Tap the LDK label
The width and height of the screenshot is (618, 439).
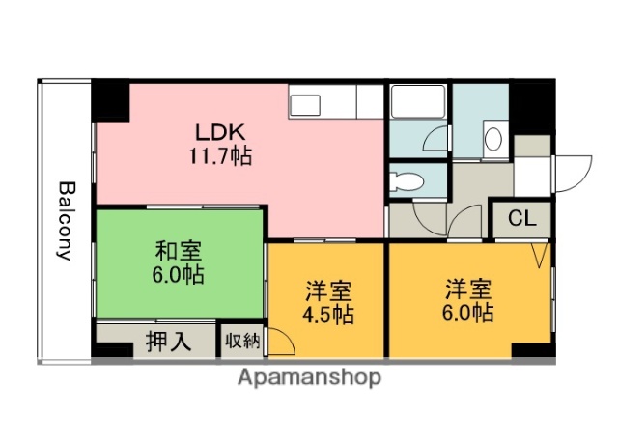click(x=221, y=132)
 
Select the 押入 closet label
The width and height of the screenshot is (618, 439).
click(x=166, y=341)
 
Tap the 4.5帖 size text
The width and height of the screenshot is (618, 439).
click(x=328, y=315)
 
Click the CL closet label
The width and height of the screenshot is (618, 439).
click(x=522, y=218)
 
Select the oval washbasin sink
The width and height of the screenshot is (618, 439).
click(x=492, y=138)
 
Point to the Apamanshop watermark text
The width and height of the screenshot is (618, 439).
click(x=308, y=376)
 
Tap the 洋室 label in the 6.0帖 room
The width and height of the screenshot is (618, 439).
click(x=469, y=288)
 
